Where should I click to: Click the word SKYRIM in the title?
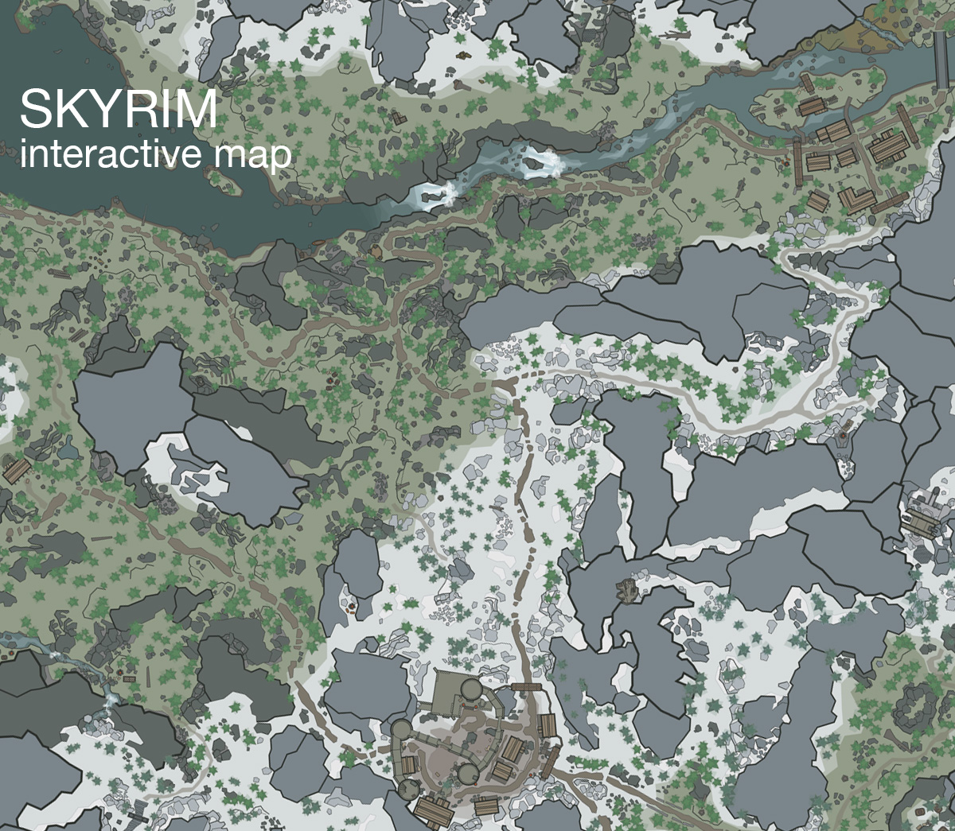(x=118, y=110)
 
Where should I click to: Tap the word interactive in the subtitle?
(x=111, y=154)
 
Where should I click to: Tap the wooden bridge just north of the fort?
(x=526, y=686)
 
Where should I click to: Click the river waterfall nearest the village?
(x=541, y=161)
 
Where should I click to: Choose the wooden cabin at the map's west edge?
(x=16, y=471)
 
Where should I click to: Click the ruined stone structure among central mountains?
(x=627, y=589)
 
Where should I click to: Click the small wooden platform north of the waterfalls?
(x=397, y=118)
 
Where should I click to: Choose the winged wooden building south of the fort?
(x=434, y=812)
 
